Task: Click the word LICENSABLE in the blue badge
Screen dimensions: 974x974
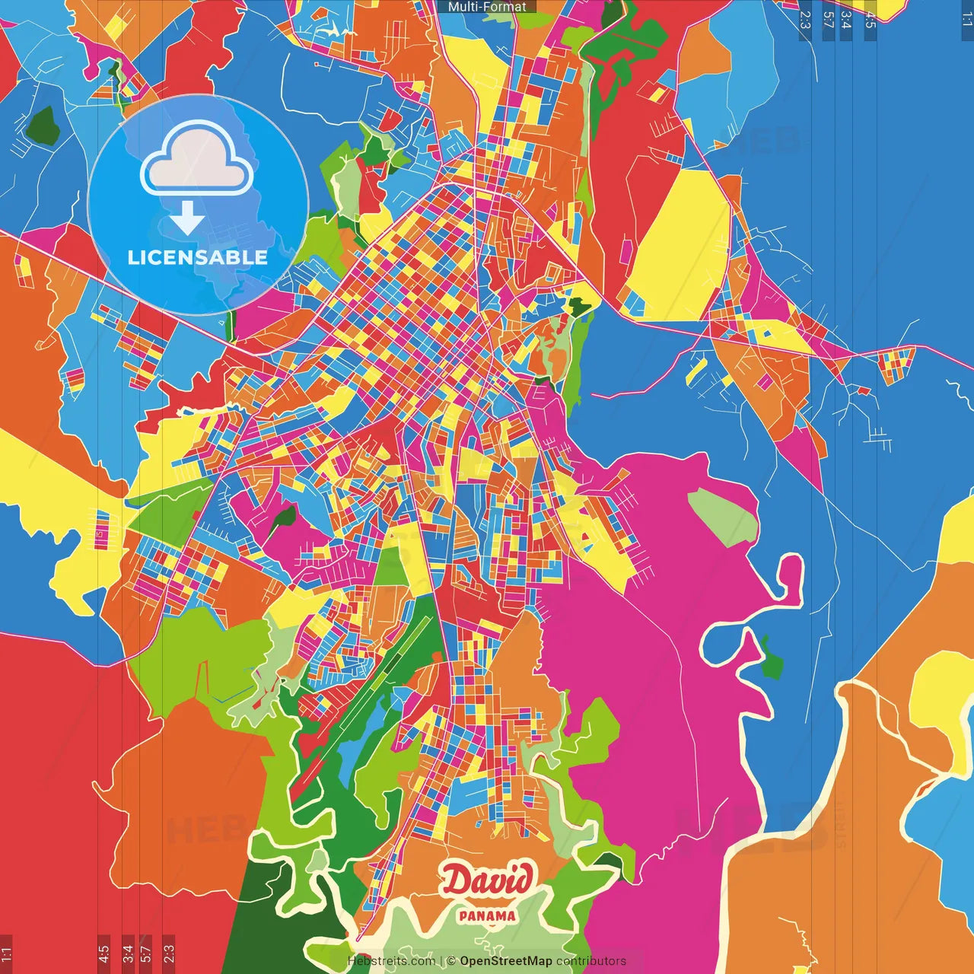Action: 198,257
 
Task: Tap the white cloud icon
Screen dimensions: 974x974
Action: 197,162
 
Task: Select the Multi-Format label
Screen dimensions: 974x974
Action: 487,7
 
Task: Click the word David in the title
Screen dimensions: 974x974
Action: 487,880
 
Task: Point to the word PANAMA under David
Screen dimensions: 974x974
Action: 487,916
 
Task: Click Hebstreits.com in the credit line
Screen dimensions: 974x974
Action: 391,961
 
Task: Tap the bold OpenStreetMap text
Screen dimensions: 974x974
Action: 506,961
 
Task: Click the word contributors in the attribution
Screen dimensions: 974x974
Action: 591,961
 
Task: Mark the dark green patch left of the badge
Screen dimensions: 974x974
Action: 43,126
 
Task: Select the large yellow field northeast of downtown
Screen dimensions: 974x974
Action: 681,243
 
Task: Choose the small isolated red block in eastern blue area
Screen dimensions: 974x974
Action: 864,390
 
